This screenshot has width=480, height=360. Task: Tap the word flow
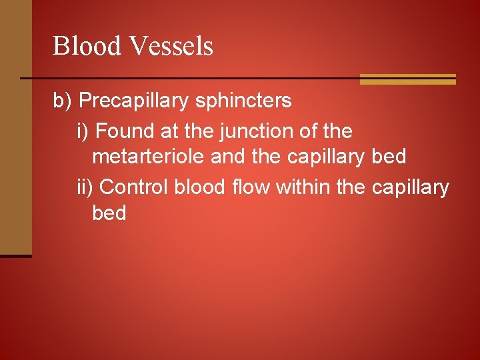251,187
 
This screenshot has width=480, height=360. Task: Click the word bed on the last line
109,214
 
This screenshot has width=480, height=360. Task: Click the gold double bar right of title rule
407,79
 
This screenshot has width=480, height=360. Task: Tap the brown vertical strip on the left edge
15,127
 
